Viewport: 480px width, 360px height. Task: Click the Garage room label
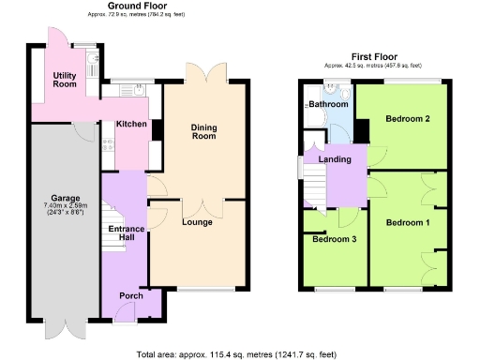(65, 199)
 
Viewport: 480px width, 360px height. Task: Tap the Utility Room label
(65, 79)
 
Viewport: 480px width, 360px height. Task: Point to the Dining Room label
(203, 132)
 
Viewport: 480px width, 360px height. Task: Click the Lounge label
(197, 222)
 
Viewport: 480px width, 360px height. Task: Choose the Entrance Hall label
(124, 234)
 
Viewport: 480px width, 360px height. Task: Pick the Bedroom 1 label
(408, 222)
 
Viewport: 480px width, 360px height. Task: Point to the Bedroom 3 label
(333, 239)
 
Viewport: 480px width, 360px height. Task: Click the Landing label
(335, 159)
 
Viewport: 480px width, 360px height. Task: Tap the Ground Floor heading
(131, 7)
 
